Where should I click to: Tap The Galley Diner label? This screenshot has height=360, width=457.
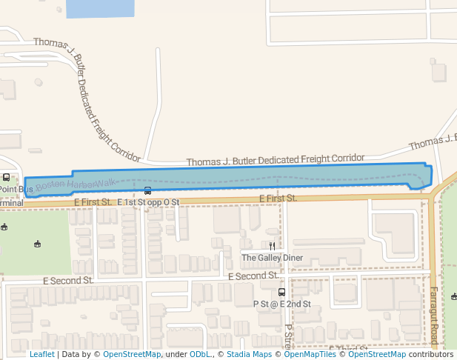pyautogui.click(x=273, y=258)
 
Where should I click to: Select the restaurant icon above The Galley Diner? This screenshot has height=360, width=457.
pyautogui.click(x=273, y=246)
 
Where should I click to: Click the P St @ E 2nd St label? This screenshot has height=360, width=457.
pyautogui.click(x=281, y=304)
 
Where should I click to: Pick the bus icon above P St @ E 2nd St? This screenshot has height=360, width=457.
pyautogui.click(x=281, y=292)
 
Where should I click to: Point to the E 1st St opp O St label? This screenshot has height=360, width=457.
pyautogui.click(x=148, y=201)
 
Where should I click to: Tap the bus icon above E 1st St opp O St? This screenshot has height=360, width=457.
pyautogui.click(x=147, y=191)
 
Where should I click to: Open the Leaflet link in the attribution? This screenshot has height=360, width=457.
pyautogui.click(x=41, y=354)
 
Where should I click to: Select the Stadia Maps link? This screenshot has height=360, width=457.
pyautogui.click(x=249, y=354)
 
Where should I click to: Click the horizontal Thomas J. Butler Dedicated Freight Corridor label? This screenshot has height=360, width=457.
pyautogui.click(x=276, y=159)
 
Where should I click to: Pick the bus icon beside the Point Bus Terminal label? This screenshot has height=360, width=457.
pyautogui.click(x=7, y=177)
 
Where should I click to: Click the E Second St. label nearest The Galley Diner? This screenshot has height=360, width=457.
pyautogui.click(x=253, y=276)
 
